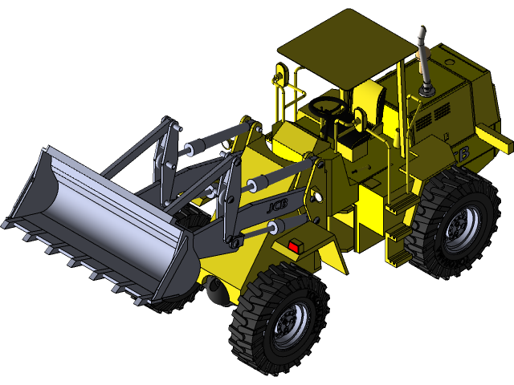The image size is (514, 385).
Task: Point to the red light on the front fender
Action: pyautogui.click(x=293, y=247)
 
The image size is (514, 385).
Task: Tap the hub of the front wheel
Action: pyautogui.click(x=287, y=322)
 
